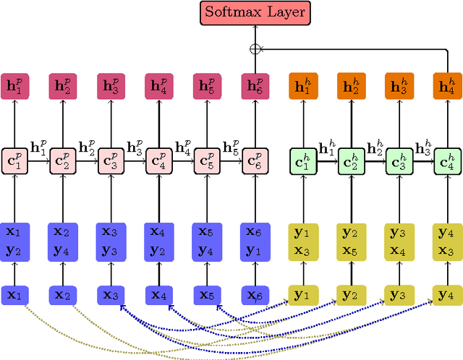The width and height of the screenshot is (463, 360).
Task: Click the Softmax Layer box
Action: coord(255,12)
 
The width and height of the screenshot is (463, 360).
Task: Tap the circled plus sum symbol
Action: coord(255,49)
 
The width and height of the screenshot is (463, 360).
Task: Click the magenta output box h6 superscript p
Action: coord(255,86)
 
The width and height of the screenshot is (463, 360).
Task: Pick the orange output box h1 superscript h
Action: coord(302,86)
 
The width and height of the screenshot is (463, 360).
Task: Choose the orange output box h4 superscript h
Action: coord(446,86)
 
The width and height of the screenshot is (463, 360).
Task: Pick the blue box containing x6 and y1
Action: coord(255,241)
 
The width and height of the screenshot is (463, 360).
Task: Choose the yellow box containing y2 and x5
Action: coord(351,241)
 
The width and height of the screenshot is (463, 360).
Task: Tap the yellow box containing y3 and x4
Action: coord(399,241)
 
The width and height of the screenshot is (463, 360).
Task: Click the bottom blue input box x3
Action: coord(111,295)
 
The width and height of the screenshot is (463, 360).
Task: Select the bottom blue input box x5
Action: coord(207,295)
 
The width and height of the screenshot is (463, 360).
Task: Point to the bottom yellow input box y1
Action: coord(302,295)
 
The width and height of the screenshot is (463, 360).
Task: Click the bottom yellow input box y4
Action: coord(446,295)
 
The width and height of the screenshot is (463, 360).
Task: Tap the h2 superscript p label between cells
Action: coord(86,147)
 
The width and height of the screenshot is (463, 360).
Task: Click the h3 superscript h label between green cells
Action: coord(422,147)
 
